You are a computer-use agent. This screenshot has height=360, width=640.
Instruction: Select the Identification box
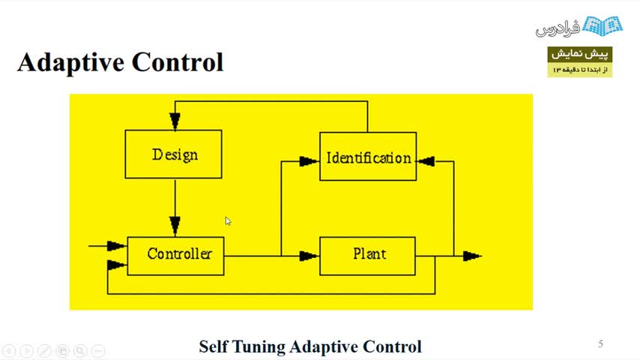[368, 157]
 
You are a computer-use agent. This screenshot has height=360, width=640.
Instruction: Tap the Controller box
[175, 255]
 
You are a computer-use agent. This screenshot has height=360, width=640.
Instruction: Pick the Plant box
[367, 255]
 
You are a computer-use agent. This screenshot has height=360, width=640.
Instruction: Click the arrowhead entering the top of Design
[175, 121]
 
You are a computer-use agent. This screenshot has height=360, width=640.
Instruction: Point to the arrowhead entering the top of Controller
[175, 226]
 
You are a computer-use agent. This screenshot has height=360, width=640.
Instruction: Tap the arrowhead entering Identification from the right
[426, 160]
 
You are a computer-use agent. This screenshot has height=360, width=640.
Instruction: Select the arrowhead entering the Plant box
[308, 256]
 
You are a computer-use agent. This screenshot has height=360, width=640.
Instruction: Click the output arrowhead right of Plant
[471, 256]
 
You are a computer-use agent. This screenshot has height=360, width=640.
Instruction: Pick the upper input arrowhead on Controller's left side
[116, 246]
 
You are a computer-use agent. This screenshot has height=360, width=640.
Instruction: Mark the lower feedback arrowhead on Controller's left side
[116, 265]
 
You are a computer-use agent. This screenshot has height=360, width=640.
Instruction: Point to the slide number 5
[600, 344]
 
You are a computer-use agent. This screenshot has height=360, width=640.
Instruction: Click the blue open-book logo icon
[603, 26]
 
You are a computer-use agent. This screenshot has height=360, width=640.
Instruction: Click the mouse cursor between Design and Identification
[228, 220]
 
